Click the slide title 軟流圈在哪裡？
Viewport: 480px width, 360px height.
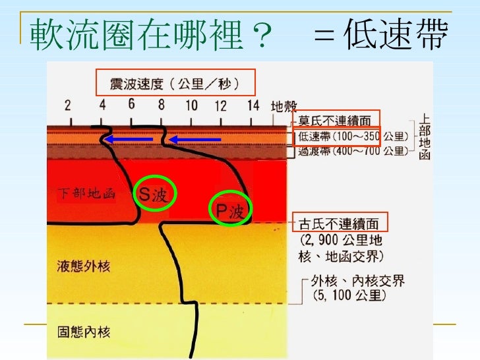tap(149, 34)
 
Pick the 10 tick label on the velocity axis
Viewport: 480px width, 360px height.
tap(191, 105)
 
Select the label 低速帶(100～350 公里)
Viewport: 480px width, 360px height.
tap(354, 137)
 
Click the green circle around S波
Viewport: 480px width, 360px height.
tap(152, 193)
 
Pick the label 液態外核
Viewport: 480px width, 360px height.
tap(83, 267)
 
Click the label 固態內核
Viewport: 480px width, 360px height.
tap(83, 332)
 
